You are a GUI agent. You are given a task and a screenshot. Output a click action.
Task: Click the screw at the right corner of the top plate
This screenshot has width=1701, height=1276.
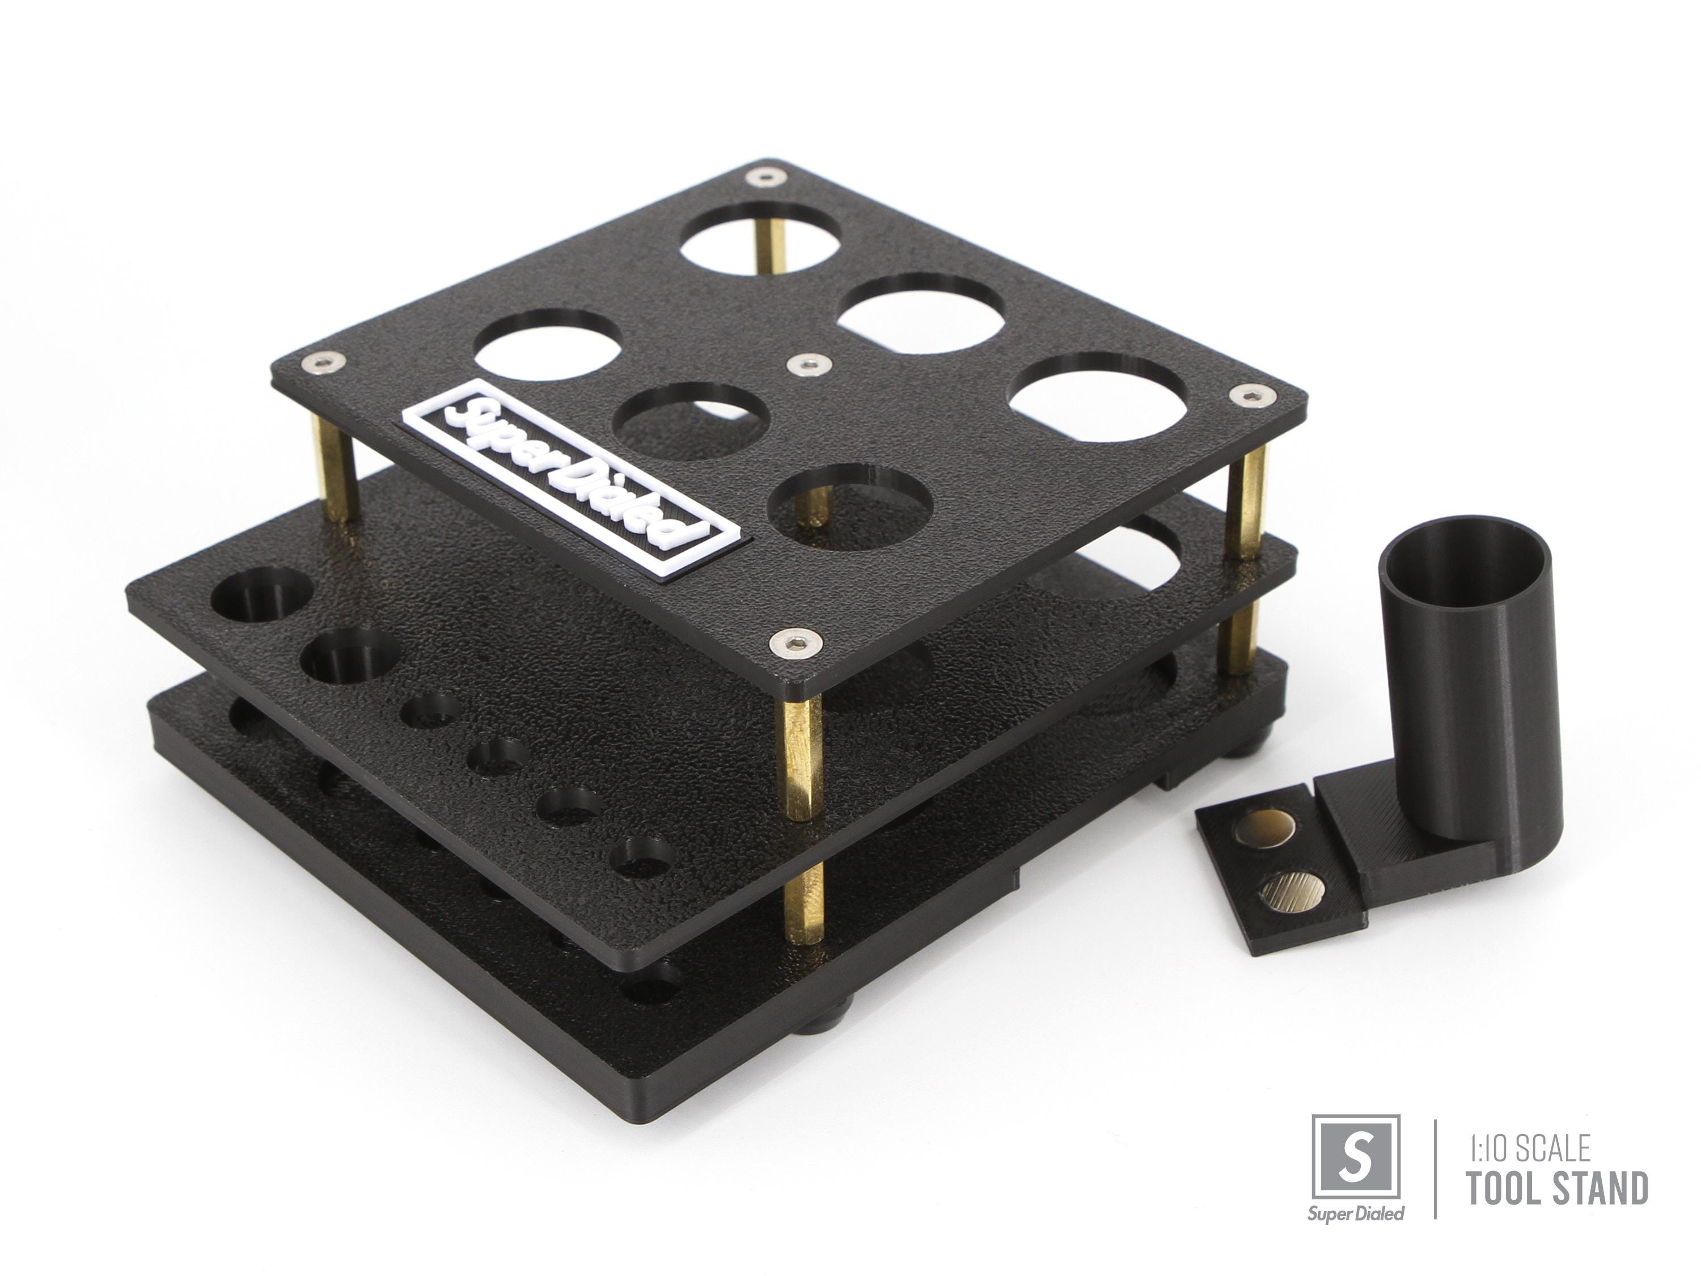[1252, 395]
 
